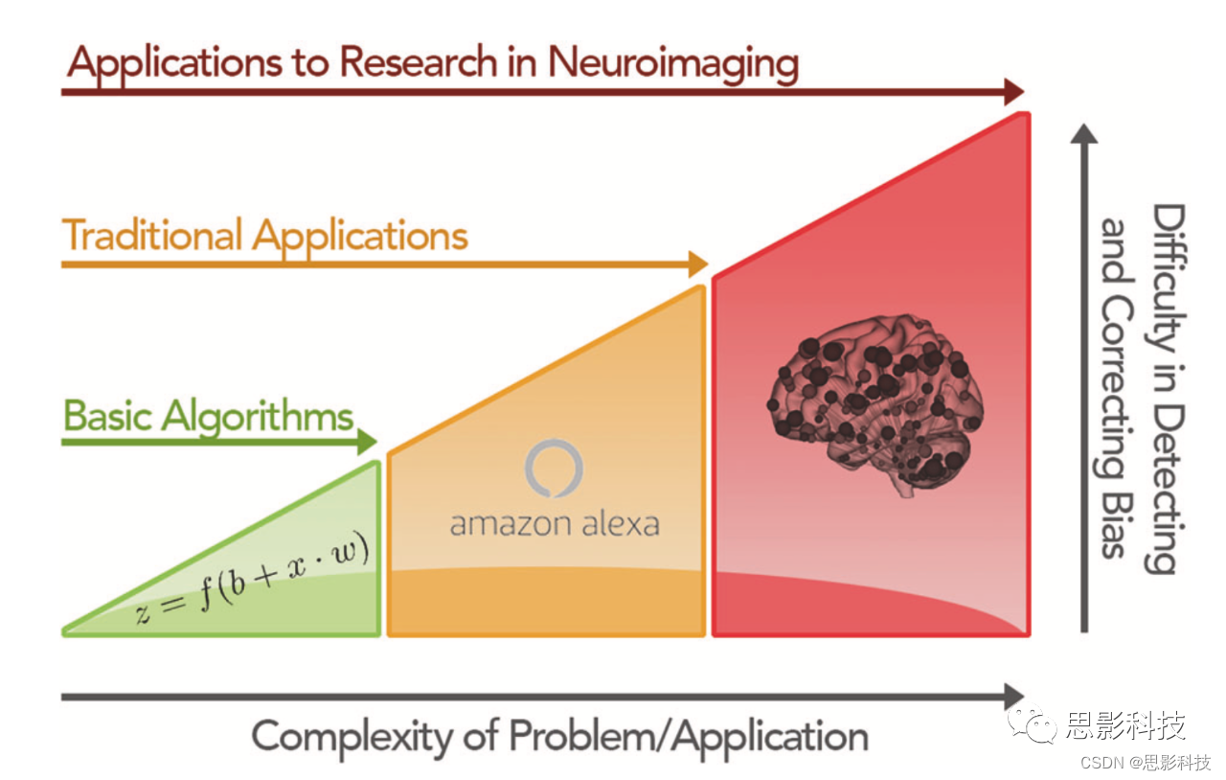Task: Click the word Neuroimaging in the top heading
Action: tap(672, 63)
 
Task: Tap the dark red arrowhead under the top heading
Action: tap(1013, 92)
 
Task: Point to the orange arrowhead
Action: tap(697, 263)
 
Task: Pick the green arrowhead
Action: tap(368, 441)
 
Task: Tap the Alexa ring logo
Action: tap(554, 469)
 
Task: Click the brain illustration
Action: tap(874, 402)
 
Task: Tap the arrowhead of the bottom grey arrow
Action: tap(1013, 697)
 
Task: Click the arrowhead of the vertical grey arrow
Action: tap(1084, 134)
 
